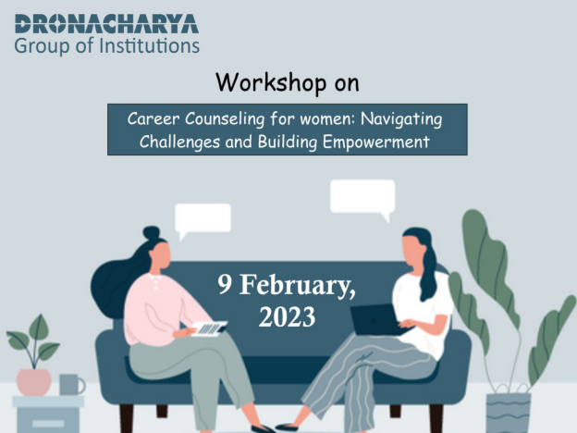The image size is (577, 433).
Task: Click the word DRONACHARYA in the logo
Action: [x=106, y=24]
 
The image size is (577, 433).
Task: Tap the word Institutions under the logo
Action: [x=150, y=45]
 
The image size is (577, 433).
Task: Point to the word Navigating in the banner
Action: [x=401, y=120]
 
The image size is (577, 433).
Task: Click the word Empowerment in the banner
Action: [x=376, y=142]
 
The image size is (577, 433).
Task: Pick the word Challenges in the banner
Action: [x=179, y=142]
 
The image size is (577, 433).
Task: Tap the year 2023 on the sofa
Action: [x=287, y=316]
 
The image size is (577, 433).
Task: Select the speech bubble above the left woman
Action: [x=203, y=219]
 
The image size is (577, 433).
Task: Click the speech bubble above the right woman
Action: [x=362, y=198]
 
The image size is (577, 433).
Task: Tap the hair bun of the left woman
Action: [x=152, y=233]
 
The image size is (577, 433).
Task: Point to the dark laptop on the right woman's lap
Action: [x=376, y=320]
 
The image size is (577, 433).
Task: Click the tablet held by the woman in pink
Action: [x=209, y=328]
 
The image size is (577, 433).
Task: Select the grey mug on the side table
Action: [x=72, y=384]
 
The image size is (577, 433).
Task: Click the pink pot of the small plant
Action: [x=33, y=382]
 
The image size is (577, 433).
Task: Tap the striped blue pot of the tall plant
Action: [x=508, y=414]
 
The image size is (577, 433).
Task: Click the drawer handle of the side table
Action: [x=48, y=423]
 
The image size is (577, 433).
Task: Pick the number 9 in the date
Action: [x=225, y=284]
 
